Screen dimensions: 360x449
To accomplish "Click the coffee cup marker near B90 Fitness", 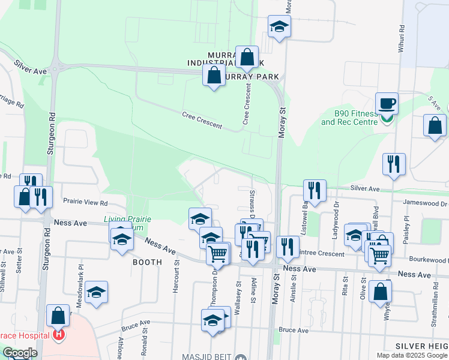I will coord(387,103).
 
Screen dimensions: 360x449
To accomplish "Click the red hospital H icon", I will coord(59,334).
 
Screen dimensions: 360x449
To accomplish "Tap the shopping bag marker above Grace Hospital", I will coord(58,314).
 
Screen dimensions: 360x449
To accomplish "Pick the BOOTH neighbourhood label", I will coord(147,262).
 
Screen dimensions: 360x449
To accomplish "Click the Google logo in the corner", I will coord(20,353).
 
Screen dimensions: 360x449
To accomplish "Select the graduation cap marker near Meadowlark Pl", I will coord(96,292).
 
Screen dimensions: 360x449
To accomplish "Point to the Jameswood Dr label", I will coord(425,203).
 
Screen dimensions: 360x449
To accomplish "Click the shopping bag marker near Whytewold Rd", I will coord(381,292).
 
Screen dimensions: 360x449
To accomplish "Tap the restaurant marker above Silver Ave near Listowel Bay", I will coord(315,190).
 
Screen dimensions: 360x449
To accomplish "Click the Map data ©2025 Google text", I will coord(411,355).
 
